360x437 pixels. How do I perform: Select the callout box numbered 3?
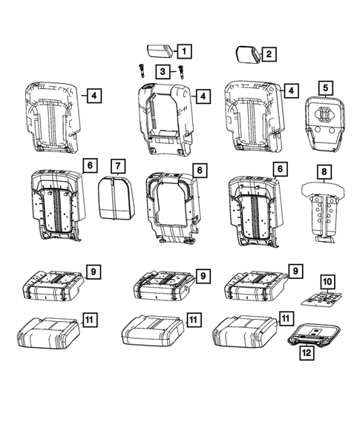(x=161, y=71)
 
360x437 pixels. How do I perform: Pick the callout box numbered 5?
(x=324, y=88)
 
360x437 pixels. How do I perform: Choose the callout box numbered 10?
(x=327, y=282)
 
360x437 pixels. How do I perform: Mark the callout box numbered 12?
(x=305, y=354)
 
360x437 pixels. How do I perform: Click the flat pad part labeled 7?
(x=114, y=197)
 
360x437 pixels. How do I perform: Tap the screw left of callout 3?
(x=140, y=70)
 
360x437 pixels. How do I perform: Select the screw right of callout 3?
(x=180, y=71)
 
